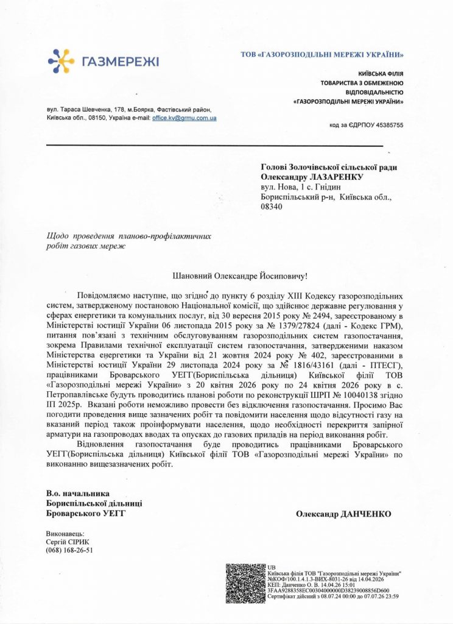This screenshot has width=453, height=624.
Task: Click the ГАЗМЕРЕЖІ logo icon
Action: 61,62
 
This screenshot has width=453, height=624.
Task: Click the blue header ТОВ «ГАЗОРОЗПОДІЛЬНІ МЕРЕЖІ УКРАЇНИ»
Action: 323,55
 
